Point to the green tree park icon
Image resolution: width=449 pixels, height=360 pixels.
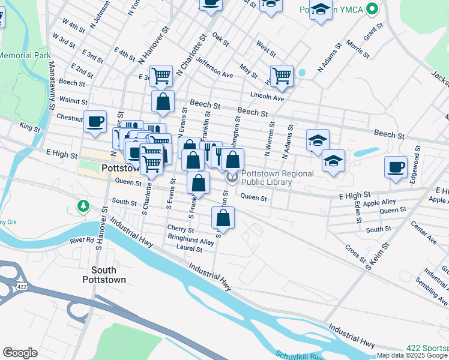click(83, 207)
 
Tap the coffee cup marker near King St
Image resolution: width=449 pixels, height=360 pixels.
click(95, 122)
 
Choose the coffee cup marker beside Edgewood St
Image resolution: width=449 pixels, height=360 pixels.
click(396, 167)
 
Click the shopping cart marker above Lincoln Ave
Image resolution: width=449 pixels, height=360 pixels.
click(282, 76)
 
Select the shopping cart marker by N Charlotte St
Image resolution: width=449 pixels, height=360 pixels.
click(161, 76)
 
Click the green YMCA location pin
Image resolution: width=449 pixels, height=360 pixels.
click(373, 9)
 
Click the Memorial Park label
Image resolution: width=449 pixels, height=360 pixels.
click(24, 55)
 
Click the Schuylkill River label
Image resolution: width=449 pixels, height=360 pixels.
click(300, 355)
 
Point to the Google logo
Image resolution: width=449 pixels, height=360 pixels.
click(20, 352)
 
